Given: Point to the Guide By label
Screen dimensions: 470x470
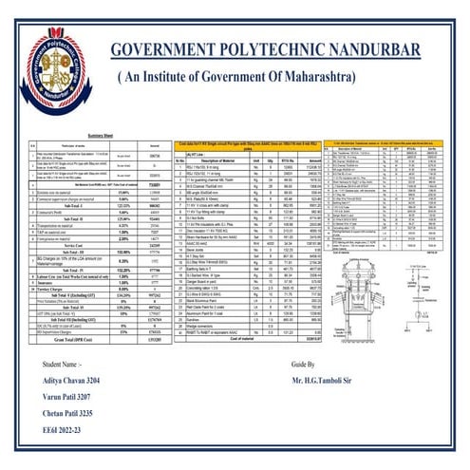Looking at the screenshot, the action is (x=330, y=392).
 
